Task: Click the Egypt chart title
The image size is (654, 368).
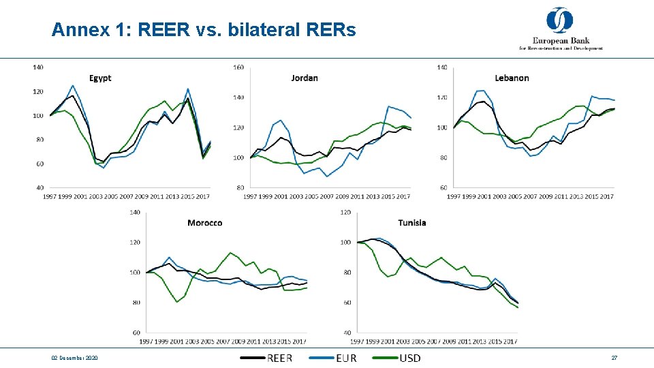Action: click(x=100, y=78)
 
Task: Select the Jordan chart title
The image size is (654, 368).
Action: click(x=305, y=78)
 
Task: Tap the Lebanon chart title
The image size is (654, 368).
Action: click(x=512, y=78)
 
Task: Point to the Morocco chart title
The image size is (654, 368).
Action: click(x=204, y=223)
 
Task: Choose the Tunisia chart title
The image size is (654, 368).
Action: click(x=412, y=222)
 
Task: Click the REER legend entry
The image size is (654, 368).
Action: click(x=266, y=358)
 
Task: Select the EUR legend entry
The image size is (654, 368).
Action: click(x=333, y=358)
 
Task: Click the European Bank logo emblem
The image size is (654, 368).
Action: click(x=560, y=20)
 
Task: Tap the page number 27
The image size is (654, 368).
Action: click(x=614, y=358)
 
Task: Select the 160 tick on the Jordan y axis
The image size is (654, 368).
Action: click(x=238, y=67)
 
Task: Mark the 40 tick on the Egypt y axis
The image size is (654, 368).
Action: click(x=40, y=187)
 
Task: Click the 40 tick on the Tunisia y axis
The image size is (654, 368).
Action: click(x=345, y=333)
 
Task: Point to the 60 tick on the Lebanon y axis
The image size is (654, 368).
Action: click(x=443, y=187)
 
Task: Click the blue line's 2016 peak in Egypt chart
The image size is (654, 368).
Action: click(x=188, y=89)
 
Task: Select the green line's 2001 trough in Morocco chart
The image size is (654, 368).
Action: click(x=177, y=302)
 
